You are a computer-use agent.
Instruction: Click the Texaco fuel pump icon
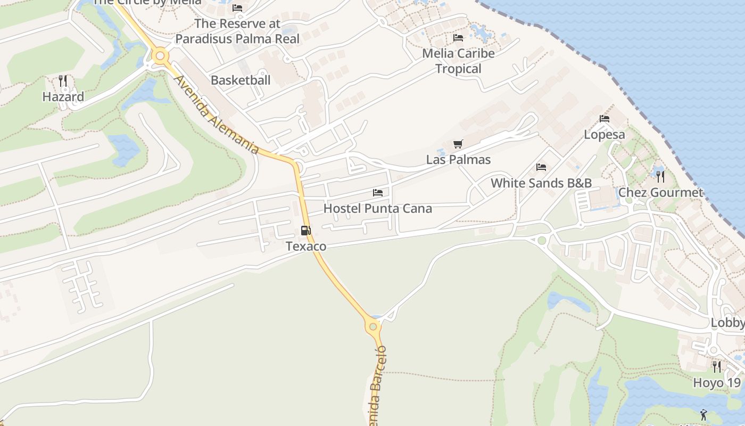pos(306,231)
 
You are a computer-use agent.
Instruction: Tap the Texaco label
pos(306,247)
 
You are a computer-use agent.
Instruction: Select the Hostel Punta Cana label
pos(378,208)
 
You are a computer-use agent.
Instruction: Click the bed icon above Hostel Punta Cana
pos(378,192)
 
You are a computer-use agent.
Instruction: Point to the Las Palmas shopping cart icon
pos(458,144)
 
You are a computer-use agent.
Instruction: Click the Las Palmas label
pos(458,160)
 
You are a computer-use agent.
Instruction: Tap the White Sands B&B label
pos(541,183)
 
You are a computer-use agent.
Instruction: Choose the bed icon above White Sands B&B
pos(541,167)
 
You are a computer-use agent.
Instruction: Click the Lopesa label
pos(605,135)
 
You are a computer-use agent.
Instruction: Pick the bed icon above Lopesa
pos(605,119)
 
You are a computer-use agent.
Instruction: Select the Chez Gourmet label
pos(660,193)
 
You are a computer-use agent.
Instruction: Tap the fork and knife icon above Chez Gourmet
pos(660,176)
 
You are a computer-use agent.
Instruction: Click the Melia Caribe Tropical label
pos(458,61)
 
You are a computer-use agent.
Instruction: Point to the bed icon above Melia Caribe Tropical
pos(458,38)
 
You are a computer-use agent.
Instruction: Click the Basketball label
pos(241,80)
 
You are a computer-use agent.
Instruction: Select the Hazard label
pos(63,97)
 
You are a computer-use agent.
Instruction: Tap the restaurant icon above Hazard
pos(63,81)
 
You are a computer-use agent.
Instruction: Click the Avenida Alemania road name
pos(217,114)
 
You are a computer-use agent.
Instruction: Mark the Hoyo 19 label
pos(716,383)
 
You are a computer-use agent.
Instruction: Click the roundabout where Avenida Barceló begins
pos(373,326)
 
